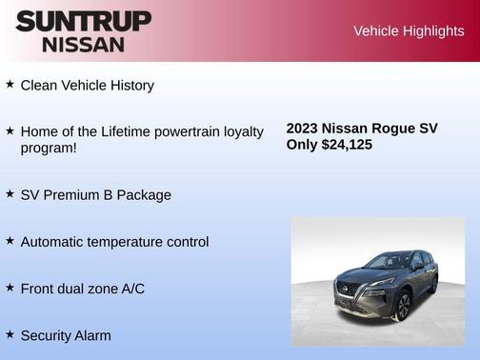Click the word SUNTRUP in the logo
click(83, 21)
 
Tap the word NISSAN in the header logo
click(83, 44)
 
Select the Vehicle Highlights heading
click(409, 30)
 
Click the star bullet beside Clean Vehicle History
click(10, 84)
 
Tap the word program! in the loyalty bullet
click(49, 149)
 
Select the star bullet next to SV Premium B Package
click(10, 193)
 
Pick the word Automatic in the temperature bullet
click(52, 242)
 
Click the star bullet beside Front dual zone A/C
click(10, 286)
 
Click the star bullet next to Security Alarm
click(10, 333)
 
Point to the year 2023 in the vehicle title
click(302, 129)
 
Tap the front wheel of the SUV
click(403, 306)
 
